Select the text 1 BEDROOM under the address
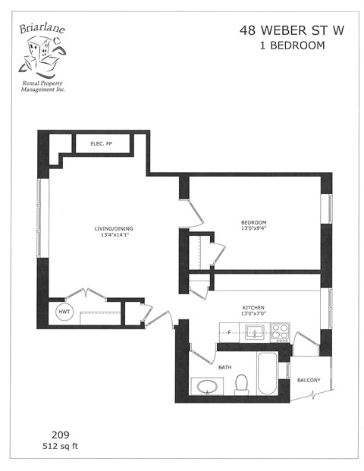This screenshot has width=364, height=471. click(x=282, y=46)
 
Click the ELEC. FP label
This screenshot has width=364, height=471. click(x=102, y=143)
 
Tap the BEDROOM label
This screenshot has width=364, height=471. click(x=253, y=221)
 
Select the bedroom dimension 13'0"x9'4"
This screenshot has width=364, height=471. click(x=253, y=228)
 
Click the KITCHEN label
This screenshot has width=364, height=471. click(x=253, y=307)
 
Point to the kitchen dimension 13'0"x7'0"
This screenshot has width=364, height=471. click(x=253, y=314)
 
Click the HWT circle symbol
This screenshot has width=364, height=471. click(x=62, y=312)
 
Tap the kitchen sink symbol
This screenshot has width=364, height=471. click(x=254, y=331)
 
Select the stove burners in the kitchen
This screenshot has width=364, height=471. click(x=281, y=331)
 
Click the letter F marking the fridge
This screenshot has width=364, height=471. click(x=228, y=331)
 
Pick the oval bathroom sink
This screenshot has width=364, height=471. click(x=206, y=387)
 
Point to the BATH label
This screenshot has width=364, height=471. click(x=225, y=367)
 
